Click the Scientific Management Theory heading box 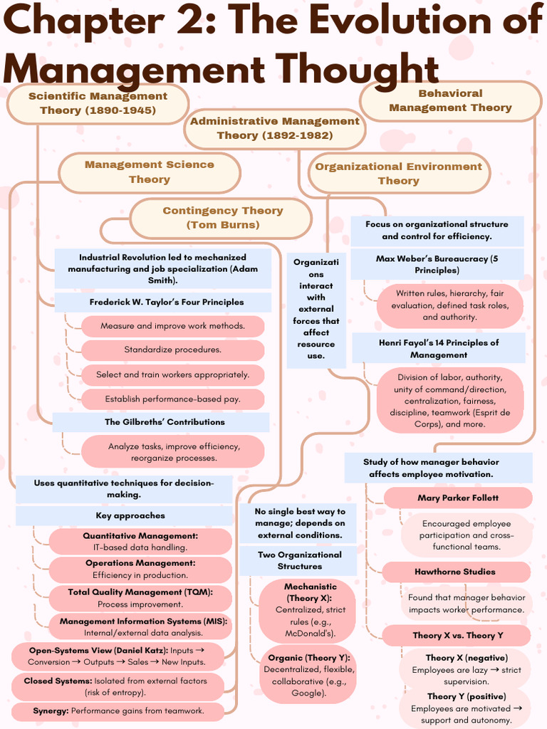[x=98, y=103]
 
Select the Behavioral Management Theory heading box [x=450, y=100]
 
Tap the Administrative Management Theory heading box [x=275, y=128]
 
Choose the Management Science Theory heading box [x=150, y=172]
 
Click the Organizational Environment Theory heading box [x=398, y=174]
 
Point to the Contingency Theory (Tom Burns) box [x=222, y=218]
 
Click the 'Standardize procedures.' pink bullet [x=172, y=350]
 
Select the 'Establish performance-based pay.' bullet [x=172, y=399]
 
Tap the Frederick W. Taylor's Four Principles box [x=166, y=302]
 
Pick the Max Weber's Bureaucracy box [x=437, y=265]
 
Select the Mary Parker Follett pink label [x=457, y=498]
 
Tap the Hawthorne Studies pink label [x=454, y=572]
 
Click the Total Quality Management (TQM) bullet [x=140, y=598]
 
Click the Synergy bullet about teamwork [x=118, y=710]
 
